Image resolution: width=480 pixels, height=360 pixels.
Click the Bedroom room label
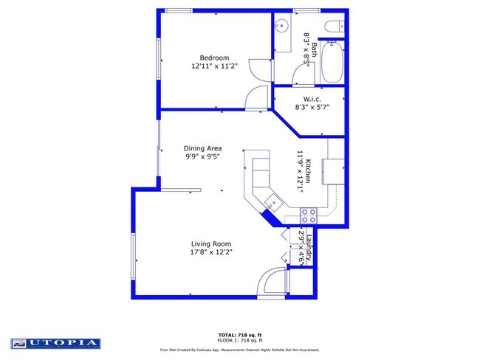(x=215, y=58)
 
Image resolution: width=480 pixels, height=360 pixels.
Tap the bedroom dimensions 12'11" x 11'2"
(x=215, y=66)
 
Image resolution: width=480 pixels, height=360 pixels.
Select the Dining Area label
(x=203, y=148)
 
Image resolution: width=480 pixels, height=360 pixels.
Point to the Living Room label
(x=212, y=244)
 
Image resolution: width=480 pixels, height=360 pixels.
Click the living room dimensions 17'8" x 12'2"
(x=212, y=253)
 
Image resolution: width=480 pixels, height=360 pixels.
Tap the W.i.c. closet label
(x=311, y=98)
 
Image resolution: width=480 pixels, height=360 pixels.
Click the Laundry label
(x=311, y=247)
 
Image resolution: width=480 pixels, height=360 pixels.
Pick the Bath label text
(x=315, y=49)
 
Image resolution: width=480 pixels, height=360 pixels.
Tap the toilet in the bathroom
(x=332, y=27)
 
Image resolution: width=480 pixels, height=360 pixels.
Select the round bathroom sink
(x=281, y=26)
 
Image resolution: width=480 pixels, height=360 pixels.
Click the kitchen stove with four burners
(x=309, y=215)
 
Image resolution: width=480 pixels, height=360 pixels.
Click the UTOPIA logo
(x=55, y=343)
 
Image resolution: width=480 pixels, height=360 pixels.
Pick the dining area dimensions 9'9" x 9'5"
(x=203, y=156)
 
